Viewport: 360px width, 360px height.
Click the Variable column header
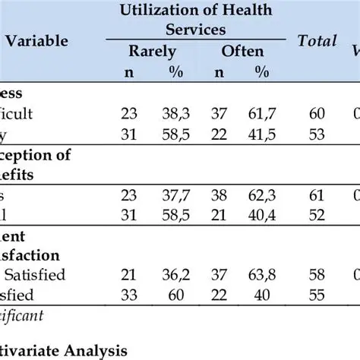(x=37, y=40)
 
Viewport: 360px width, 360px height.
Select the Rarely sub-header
(x=153, y=52)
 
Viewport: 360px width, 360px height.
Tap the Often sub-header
(x=242, y=52)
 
